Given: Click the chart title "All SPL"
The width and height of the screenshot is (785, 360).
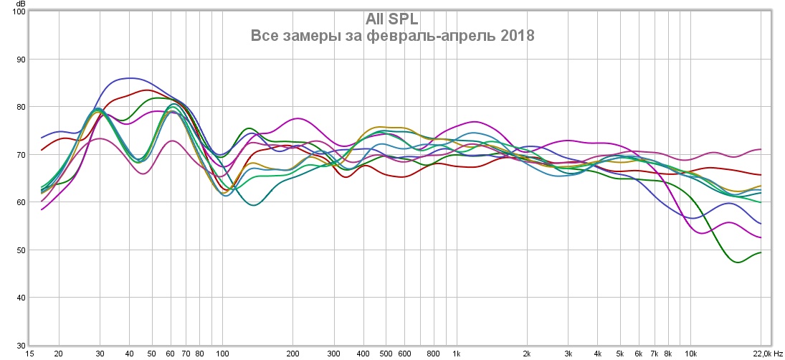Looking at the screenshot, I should click(x=392, y=19).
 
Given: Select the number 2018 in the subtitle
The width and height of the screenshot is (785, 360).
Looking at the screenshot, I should click(x=516, y=36).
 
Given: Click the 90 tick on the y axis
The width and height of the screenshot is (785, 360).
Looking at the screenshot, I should click(x=20, y=60).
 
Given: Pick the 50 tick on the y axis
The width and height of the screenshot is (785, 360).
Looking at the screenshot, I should click(x=20, y=250).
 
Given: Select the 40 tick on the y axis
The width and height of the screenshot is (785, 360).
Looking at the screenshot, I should click(x=20, y=298).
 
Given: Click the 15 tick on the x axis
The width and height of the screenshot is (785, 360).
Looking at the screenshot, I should click(x=30, y=354).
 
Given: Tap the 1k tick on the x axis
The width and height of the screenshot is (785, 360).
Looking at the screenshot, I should click(x=456, y=354).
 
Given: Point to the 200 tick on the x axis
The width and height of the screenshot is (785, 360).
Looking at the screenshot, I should click(x=292, y=354).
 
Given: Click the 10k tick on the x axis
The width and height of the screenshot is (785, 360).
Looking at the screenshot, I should click(x=690, y=354).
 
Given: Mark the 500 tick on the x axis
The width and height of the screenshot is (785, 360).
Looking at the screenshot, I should click(x=386, y=354).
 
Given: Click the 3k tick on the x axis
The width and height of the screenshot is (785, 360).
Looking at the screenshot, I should click(x=568, y=354).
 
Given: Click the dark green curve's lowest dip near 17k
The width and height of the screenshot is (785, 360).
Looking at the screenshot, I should click(x=737, y=262).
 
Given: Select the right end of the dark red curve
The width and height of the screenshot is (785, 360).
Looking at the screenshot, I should click(x=761, y=175).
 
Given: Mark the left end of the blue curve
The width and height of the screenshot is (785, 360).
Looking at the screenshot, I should click(x=42, y=138).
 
